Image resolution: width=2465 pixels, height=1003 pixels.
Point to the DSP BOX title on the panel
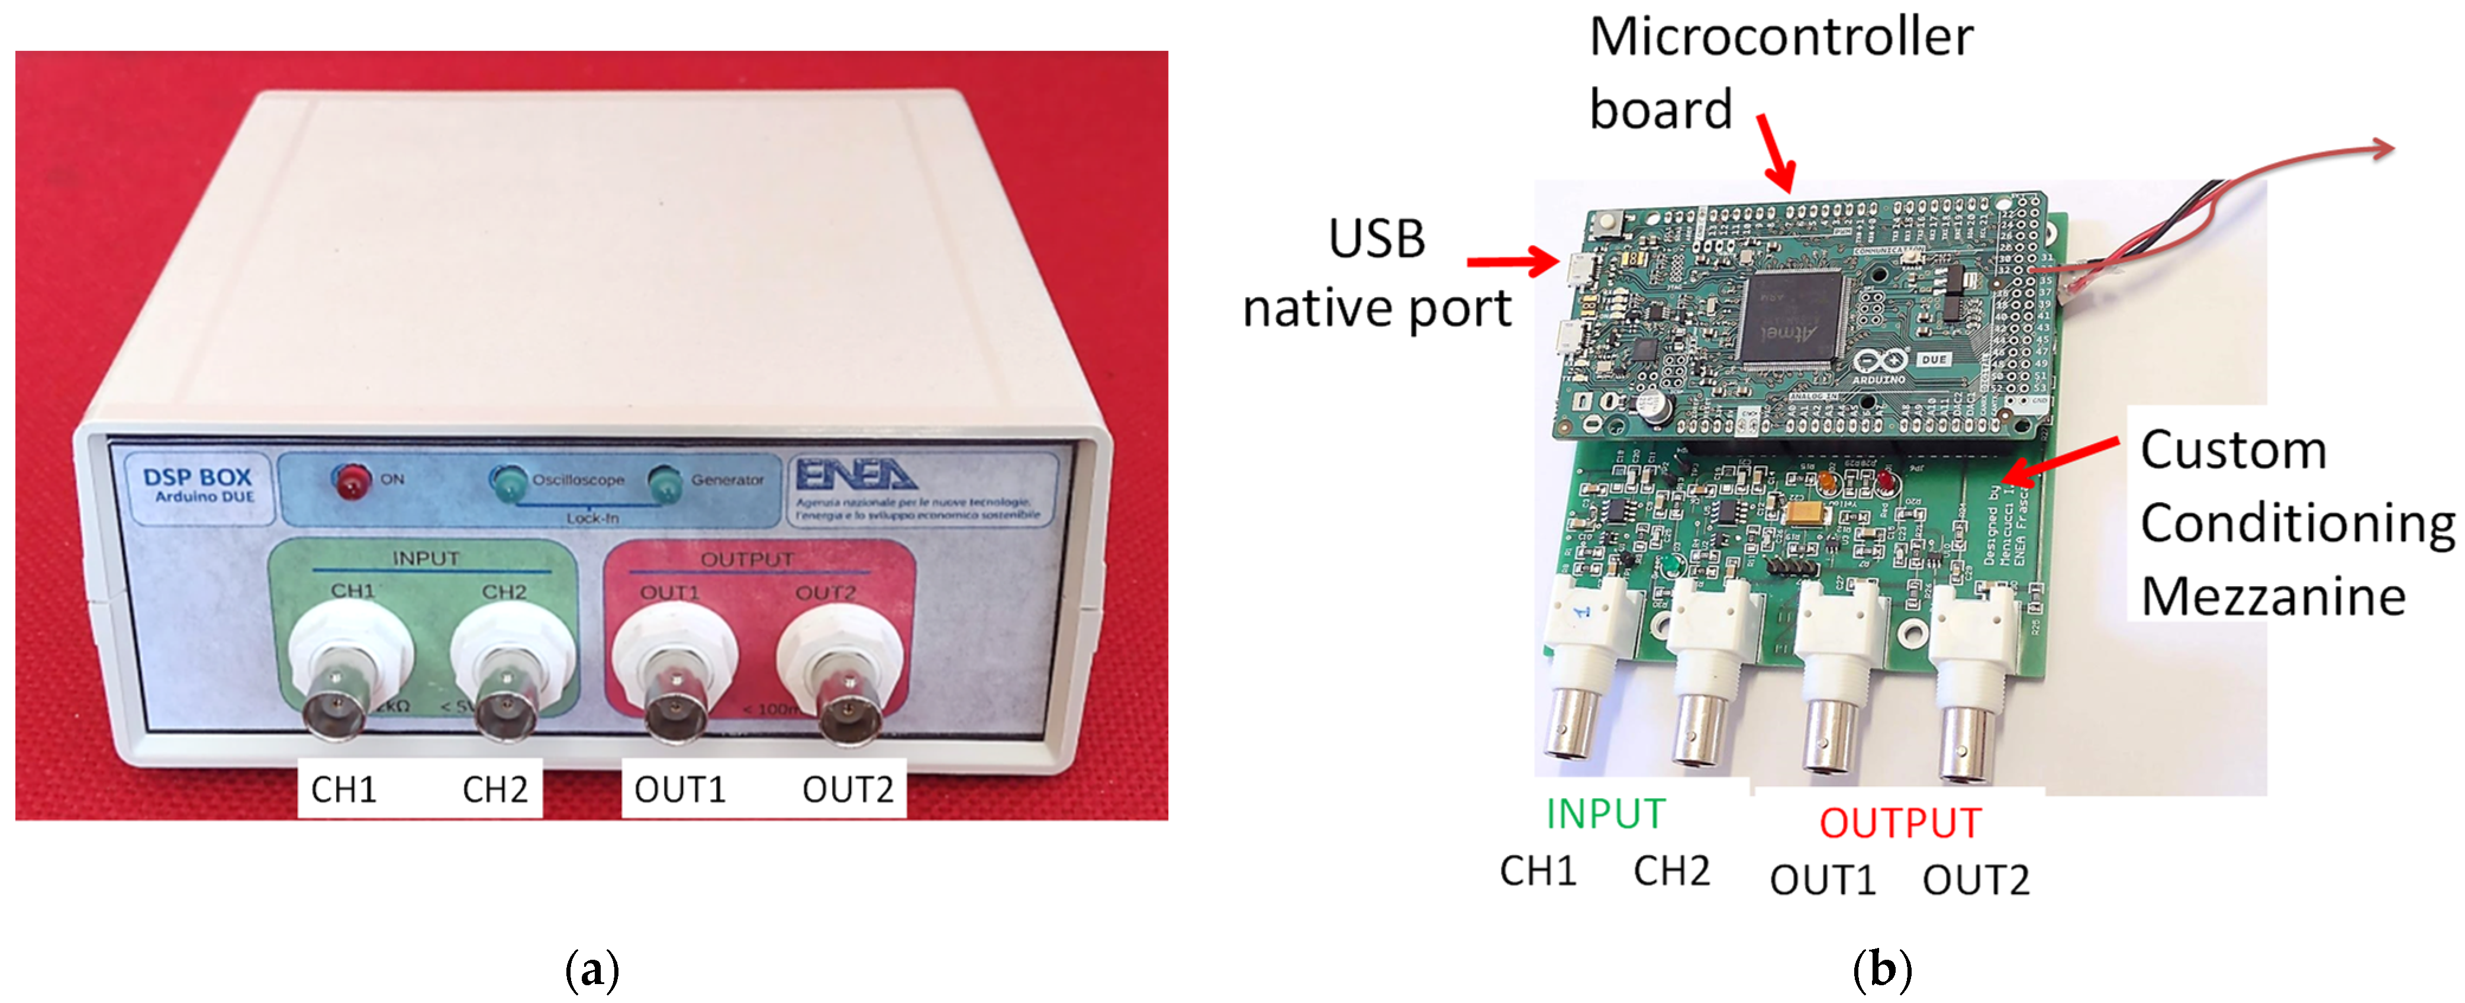(x=197, y=478)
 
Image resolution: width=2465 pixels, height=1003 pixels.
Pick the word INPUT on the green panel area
(x=425, y=558)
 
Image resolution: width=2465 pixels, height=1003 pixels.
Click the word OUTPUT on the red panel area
(x=747, y=559)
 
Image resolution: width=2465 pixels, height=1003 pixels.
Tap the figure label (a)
(x=592, y=969)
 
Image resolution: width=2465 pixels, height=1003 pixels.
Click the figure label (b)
(x=1882, y=969)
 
